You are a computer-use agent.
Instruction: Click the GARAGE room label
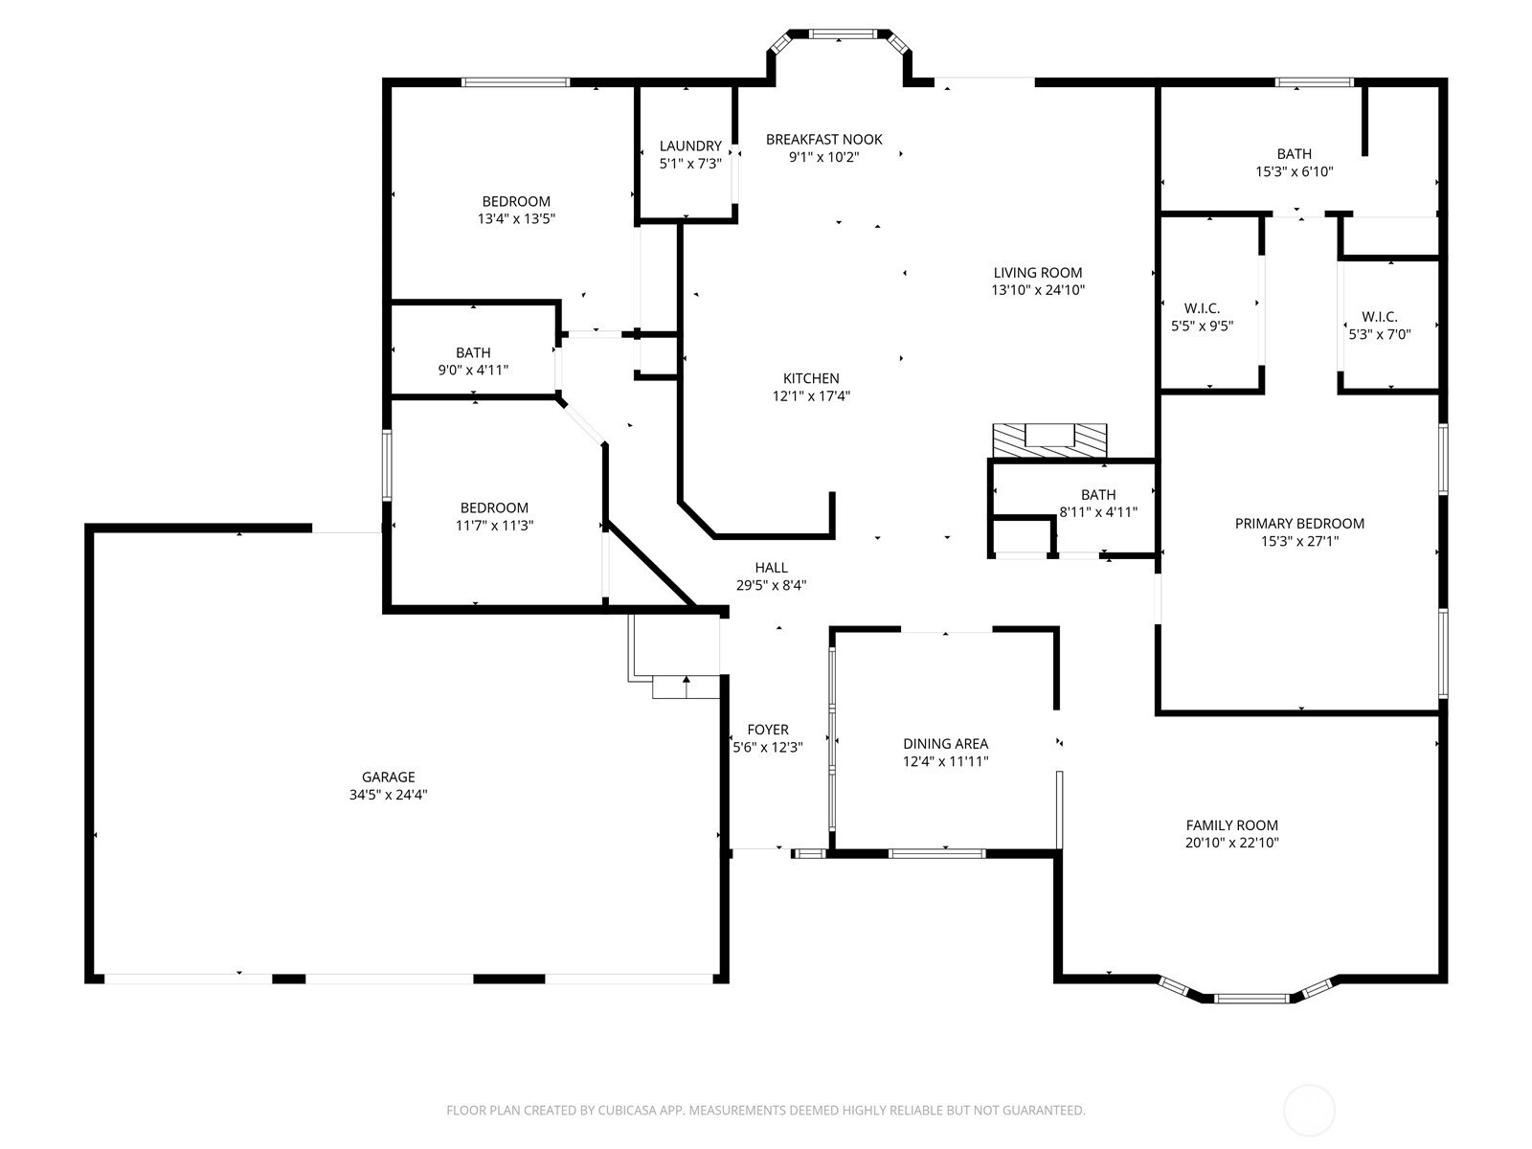coord(388,777)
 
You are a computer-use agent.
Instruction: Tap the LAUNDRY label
coord(690,146)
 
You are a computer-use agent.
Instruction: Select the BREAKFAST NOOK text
coord(824,140)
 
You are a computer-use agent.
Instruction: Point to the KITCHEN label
coord(811,378)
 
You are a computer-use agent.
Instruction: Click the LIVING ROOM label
coord(1038,273)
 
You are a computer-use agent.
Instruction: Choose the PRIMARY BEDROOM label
coord(1299,523)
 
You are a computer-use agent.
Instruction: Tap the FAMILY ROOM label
coord(1232,824)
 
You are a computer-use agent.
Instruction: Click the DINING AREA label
coord(946,744)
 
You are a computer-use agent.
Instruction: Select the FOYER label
coord(768,730)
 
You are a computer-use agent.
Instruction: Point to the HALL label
coord(771,568)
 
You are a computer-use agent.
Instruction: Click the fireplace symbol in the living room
coord(1049,440)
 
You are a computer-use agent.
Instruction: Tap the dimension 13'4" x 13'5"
coord(516,219)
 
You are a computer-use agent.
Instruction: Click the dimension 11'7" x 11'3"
coord(495,526)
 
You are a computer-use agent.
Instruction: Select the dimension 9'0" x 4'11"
coord(473,371)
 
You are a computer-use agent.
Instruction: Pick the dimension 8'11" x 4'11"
coord(1098,512)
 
